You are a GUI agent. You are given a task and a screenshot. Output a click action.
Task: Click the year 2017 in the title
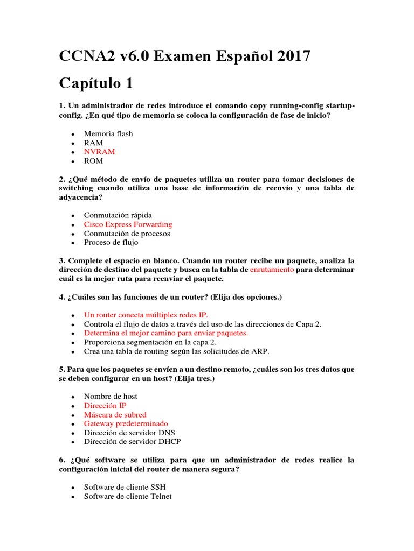[x=291, y=55]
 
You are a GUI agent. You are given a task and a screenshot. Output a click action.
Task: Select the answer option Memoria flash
[x=108, y=133]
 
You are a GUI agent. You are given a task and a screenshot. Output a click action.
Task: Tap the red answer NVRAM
[x=99, y=152]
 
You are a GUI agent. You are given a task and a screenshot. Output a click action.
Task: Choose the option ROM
[x=93, y=161]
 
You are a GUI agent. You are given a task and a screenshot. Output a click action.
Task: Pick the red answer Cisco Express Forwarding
[x=128, y=224]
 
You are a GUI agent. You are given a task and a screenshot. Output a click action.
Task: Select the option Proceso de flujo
[x=111, y=243]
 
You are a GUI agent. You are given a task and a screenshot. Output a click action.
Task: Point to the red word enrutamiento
[x=272, y=269]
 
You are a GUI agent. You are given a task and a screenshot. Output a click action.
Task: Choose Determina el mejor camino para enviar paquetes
[x=166, y=333]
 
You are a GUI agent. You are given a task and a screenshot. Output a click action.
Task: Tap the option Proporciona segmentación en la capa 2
[x=150, y=342]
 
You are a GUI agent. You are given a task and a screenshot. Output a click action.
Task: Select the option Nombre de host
[x=111, y=397]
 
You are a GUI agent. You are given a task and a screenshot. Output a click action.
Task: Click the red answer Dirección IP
[x=105, y=406]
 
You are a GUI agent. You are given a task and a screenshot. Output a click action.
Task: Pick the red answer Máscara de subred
[x=115, y=415]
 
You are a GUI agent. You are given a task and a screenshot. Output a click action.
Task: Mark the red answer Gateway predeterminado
[x=126, y=423]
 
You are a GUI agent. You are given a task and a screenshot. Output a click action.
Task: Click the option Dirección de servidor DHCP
[x=133, y=442]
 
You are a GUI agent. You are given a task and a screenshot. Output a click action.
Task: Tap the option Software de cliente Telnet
[x=128, y=496]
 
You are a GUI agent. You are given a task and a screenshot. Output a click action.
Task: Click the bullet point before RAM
[x=72, y=143]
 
